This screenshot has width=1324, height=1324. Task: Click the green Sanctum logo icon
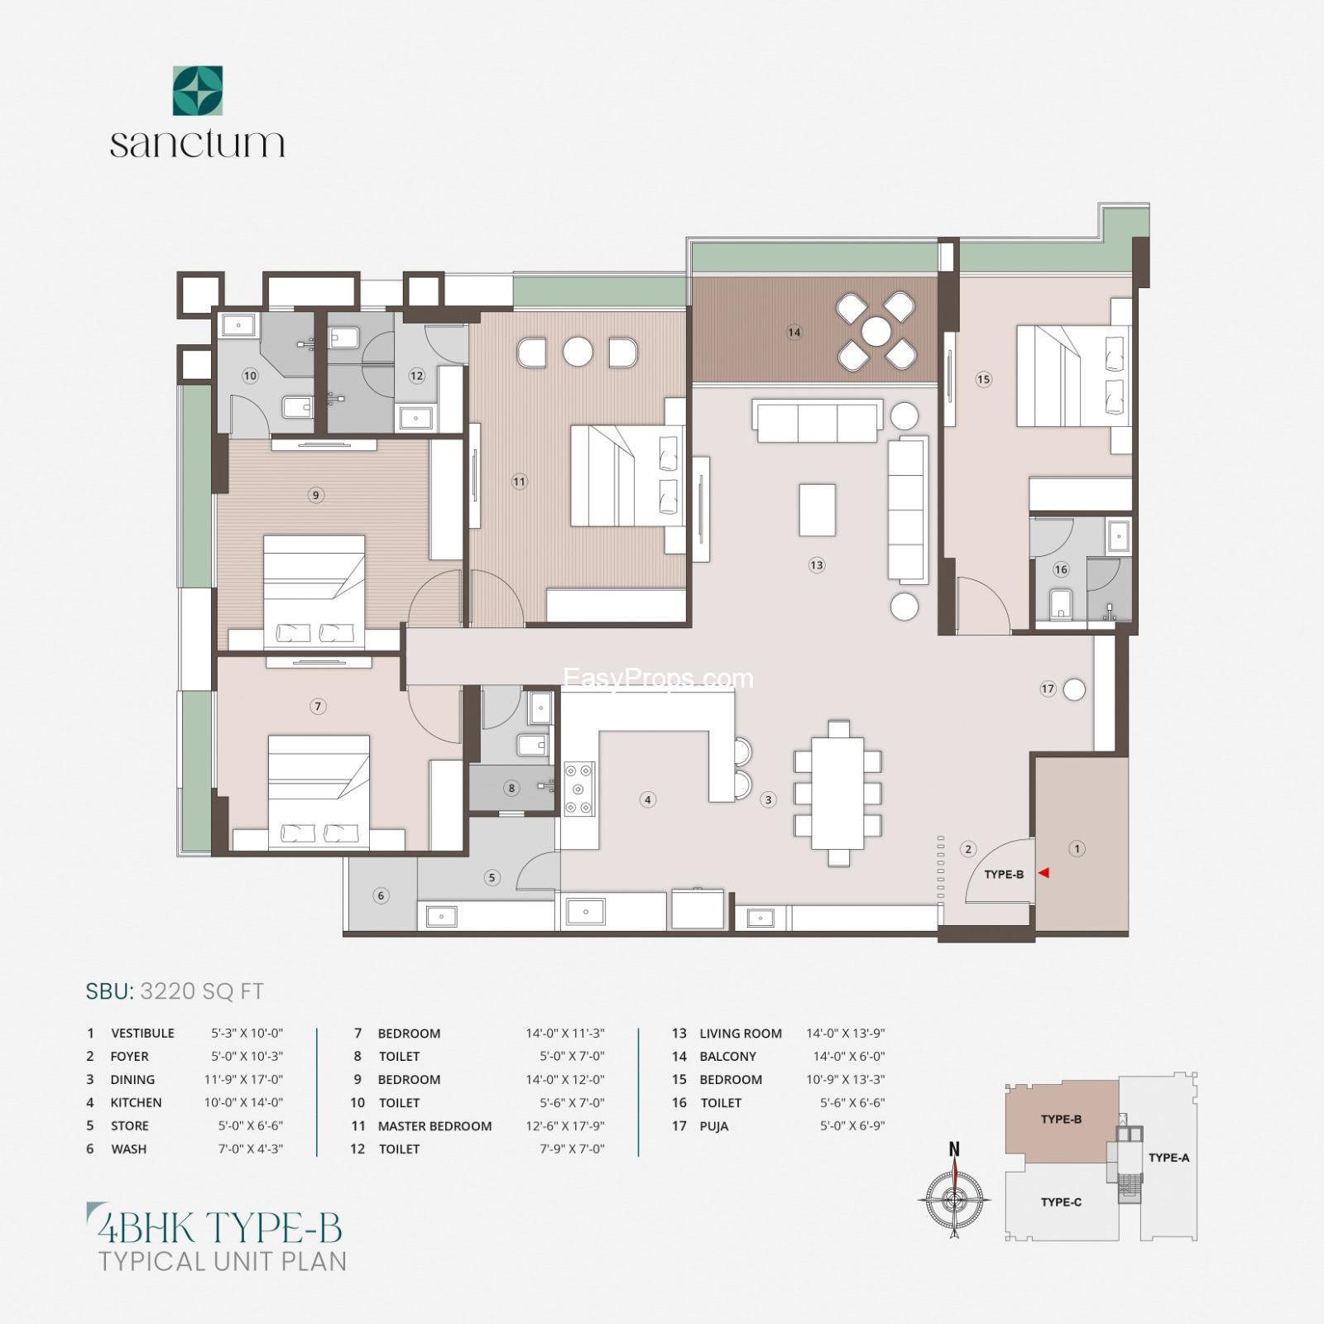pyautogui.click(x=197, y=91)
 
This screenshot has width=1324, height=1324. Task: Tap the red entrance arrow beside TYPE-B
pyautogui.click(x=1044, y=872)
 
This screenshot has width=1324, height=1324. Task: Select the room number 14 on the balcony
pyautogui.click(x=794, y=333)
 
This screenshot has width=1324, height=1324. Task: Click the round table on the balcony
pyautogui.click(x=875, y=333)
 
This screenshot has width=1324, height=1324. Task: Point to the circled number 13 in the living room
pyautogui.click(x=817, y=565)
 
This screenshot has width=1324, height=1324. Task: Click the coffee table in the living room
pyautogui.click(x=817, y=510)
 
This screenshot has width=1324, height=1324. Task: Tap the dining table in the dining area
pyautogui.click(x=838, y=793)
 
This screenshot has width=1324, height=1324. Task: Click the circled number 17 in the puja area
pyautogui.click(x=1048, y=688)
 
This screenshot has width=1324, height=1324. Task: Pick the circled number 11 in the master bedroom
pyautogui.click(x=519, y=482)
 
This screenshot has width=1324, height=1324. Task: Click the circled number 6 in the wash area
pyautogui.click(x=381, y=895)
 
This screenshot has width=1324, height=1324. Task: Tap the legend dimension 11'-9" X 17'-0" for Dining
pyautogui.click(x=243, y=1079)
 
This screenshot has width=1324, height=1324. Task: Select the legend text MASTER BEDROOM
pyautogui.click(x=434, y=1125)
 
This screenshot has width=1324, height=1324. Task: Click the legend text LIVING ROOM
pyautogui.click(x=741, y=1033)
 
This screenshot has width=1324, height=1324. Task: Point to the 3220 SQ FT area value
pyautogui.click(x=202, y=991)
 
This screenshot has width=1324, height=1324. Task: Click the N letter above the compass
pyautogui.click(x=954, y=1149)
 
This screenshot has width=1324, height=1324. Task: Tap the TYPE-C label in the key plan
pyautogui.click(x=1061, y=1202)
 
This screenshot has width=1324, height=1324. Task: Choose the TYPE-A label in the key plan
pyautogui.click(x=1168, y=1158)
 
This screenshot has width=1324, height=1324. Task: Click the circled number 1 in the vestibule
pyautogui.click(x=1077, y=848)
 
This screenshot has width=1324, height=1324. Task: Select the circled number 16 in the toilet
pyautogui.click(x=1061, y=569)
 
